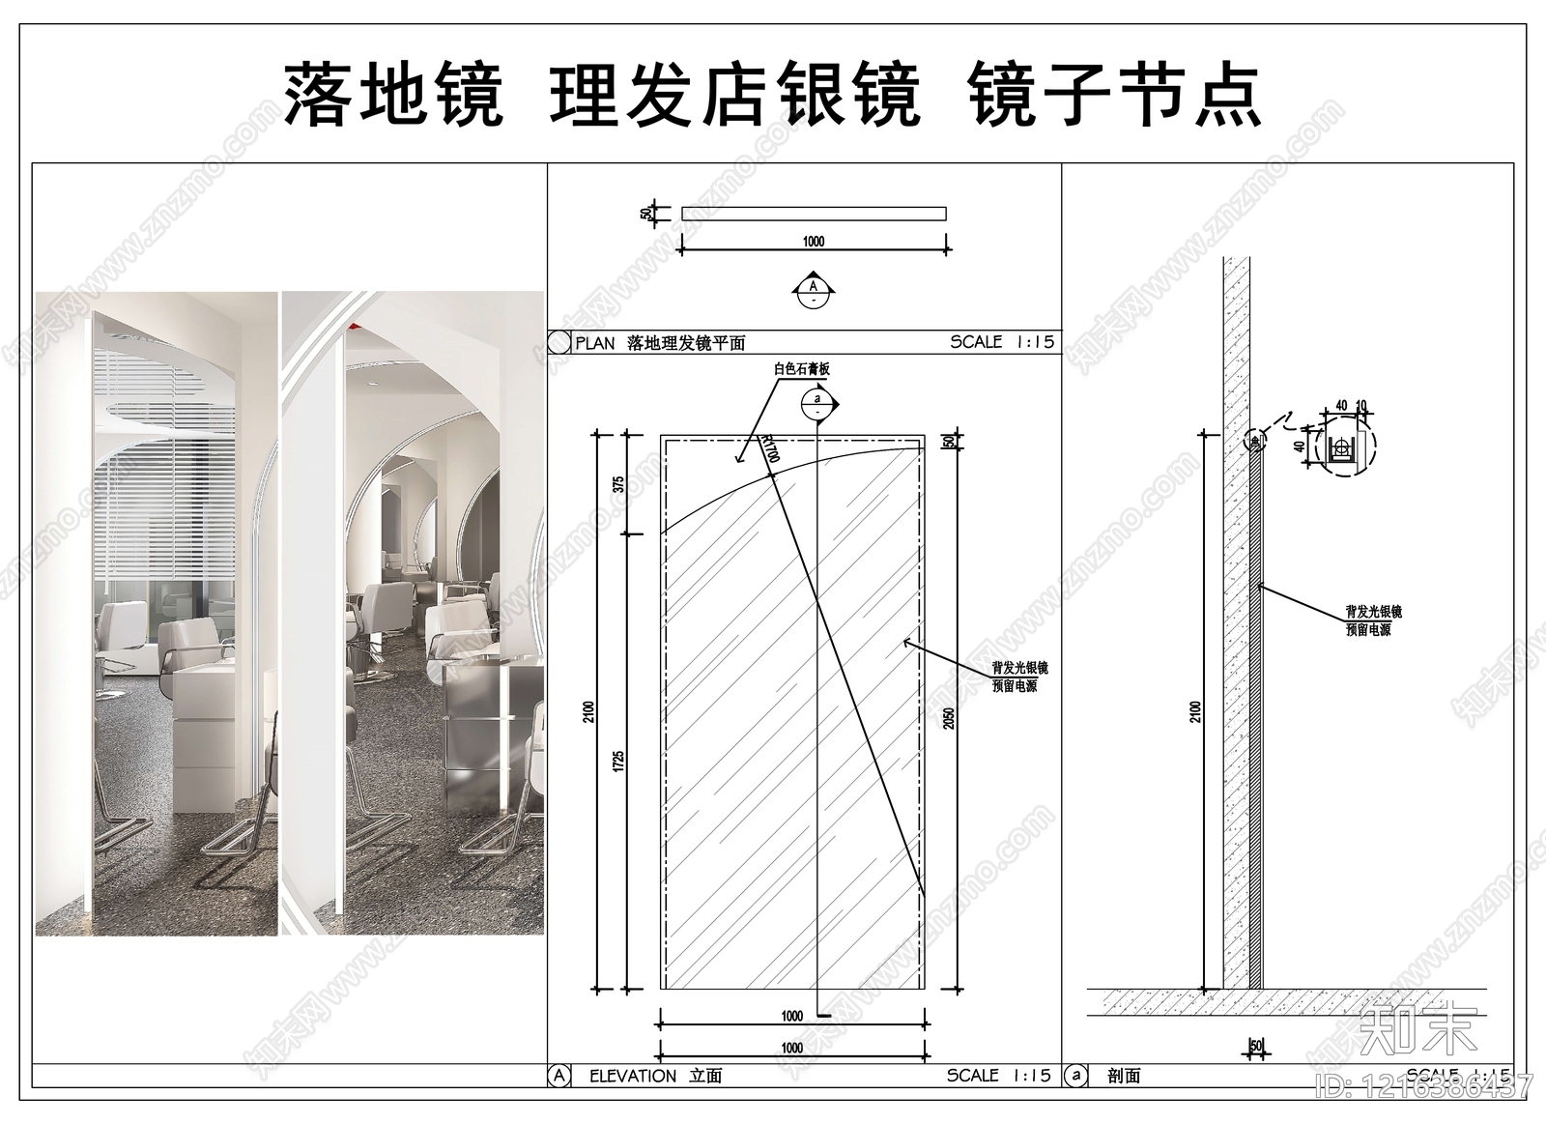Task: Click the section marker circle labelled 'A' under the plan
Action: pyautogui.click(x=813, y=292)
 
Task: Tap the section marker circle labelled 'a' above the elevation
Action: pyautogui.click(x=817, y=405)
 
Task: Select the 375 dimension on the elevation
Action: pyautogui.click(x=619, y=484)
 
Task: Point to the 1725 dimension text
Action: pyautogui.click(x=619, y=761)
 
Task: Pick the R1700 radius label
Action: pyautogui.click(x=770, y=449)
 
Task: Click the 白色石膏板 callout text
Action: pyautogui.click(x=801, y=368)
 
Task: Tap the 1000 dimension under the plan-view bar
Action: pyautogui.click(x=814, y=242)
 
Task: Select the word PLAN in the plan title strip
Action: pyautogui.click(x=595, y=343)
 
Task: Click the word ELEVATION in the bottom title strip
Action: pyautogui.click(x=633, y=1076)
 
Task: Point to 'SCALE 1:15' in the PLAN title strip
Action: pyautogui.click(x=1002, y=342)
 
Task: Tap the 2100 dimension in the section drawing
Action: pyautogui.click(x=1195, y=712)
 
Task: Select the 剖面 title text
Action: pyautogui.click(x=1124, y=1076)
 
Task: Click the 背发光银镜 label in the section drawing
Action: pyautogui.click(x=1373, y=613)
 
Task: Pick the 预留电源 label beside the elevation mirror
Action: pyautogui.click(x=1015, y=686)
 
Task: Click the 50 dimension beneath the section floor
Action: pyautogui.click(x=1256, y=1046)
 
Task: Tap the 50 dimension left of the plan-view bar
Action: pyautogui.click(x=644, y=214)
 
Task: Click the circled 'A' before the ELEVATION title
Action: pyautogui.click(x=558, y=1076)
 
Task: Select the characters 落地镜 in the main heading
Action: pyautogui.click(x=393, y=96)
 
